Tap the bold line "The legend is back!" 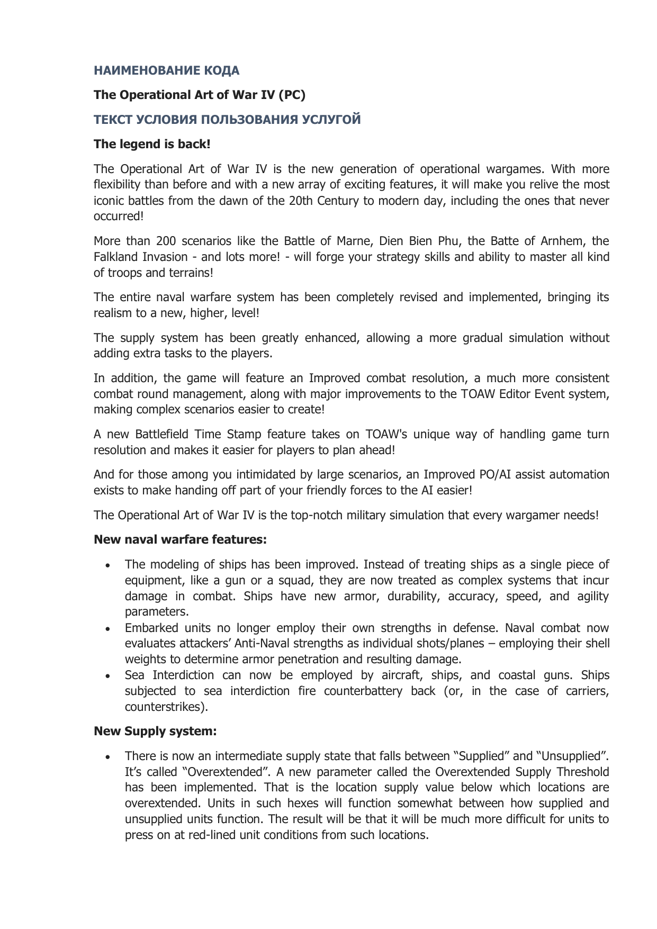(x=152, y=144)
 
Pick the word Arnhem (x=561, y=241)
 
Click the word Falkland (x=114, y=257)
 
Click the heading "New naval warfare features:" (x=180, y=539)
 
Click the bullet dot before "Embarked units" (x=108, y=629)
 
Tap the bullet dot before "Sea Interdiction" (x=108, y=676)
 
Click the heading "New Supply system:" (x=155, y=731)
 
